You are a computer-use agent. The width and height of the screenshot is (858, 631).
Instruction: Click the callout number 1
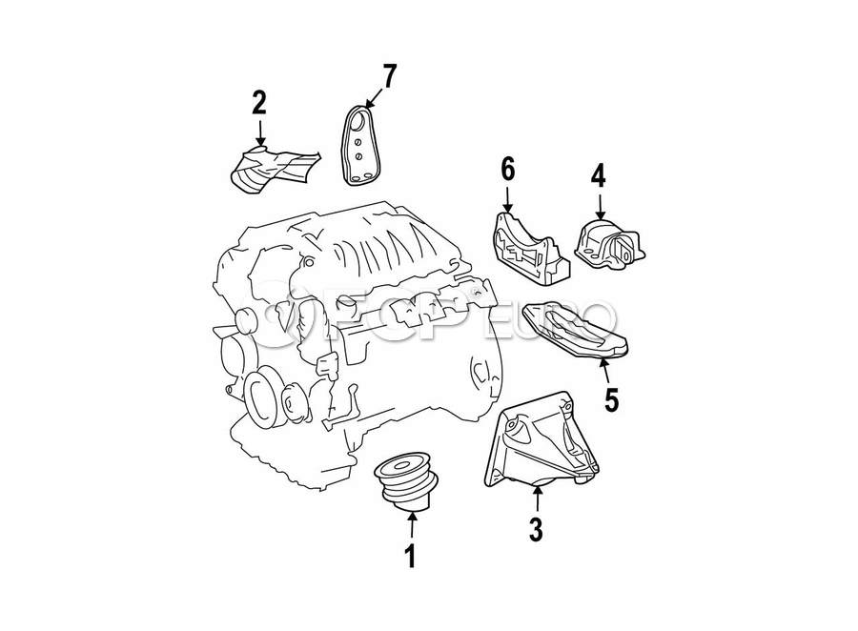410,556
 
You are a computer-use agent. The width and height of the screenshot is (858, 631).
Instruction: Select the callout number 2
259,102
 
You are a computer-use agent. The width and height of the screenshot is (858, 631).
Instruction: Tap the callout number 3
536,530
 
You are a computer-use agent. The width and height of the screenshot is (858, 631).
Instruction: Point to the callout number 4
598,175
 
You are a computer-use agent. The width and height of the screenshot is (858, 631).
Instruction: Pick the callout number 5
611,400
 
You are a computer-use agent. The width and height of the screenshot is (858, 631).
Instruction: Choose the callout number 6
508,169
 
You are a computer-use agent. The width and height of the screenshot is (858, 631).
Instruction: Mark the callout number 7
389,76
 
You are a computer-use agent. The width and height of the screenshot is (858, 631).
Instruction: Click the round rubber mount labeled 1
405,481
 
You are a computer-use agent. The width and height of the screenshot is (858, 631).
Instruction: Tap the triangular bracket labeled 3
541,440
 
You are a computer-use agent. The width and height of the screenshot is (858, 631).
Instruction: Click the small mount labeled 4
609,246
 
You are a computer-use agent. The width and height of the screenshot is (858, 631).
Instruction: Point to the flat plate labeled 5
575,331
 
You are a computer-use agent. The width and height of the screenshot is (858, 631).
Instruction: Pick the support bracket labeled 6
530,249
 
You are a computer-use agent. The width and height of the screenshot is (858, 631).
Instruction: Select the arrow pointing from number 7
373,98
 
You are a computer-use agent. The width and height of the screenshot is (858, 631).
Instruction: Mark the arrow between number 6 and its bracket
508,200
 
